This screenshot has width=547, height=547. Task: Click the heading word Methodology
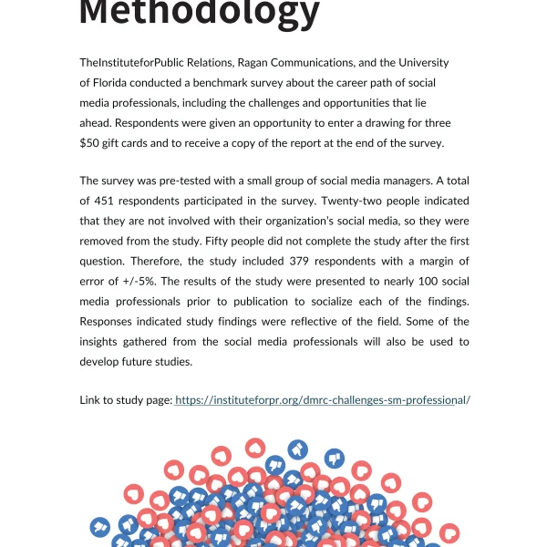coord(200,13)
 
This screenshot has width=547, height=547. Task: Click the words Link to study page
coord(125,399)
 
